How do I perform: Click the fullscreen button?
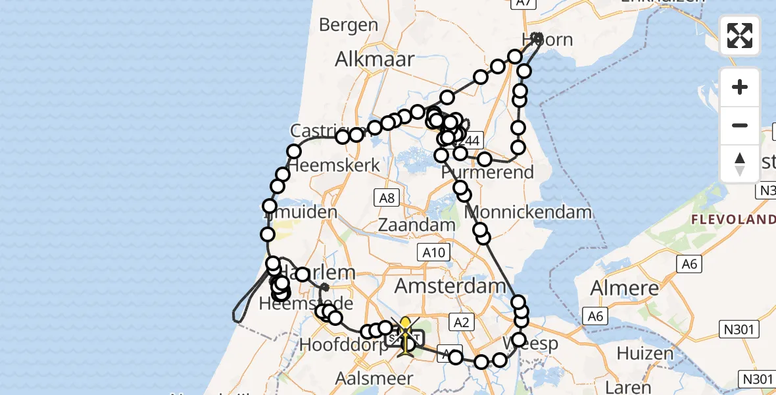(740, 36)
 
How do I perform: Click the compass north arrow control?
(740, 163)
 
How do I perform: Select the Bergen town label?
(349, 25)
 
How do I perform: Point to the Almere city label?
(625, 288)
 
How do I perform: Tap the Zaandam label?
(417, 224)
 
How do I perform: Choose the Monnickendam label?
(529, 213)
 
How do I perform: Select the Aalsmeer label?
(374, 379)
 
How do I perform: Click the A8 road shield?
(385, 197)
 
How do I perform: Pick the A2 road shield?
(461, 322)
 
